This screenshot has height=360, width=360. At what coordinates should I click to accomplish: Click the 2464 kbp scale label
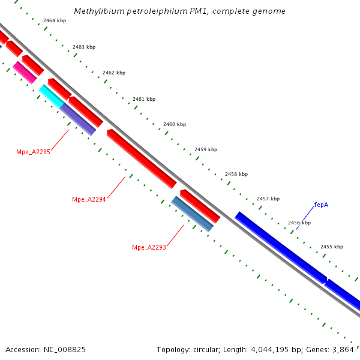coord(54,20)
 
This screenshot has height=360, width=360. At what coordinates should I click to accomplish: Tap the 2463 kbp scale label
coord(84,47)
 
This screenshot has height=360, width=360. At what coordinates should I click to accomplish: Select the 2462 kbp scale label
coord(114,73)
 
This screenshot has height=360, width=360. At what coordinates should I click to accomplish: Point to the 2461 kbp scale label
coord(144,99)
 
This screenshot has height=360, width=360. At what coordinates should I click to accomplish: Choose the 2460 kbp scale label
coord(175,124)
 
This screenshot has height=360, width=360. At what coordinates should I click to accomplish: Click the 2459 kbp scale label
coord(206,149)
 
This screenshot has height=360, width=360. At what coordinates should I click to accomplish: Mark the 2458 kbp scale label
coord(236,174)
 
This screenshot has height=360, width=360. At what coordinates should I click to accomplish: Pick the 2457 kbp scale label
coord(268,199)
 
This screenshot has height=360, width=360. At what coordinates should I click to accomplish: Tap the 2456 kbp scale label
coord(299,223)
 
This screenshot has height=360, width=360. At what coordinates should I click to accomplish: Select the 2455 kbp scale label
coord(332,247)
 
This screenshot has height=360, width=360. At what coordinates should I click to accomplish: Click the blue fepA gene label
coord(321,205)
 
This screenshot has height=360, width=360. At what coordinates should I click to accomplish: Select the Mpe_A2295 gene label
coord(33,152)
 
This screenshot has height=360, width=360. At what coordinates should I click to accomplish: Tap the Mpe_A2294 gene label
coord(89,199)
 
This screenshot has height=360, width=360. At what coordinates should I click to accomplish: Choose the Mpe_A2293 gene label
coord(149,247)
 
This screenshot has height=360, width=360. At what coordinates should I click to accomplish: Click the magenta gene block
coord(25,72)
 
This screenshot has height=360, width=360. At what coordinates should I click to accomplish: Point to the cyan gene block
coord(51,96)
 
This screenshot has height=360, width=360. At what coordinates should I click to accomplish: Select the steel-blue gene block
coord(193,214)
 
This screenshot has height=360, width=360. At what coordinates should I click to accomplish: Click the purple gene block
coord(78,119)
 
